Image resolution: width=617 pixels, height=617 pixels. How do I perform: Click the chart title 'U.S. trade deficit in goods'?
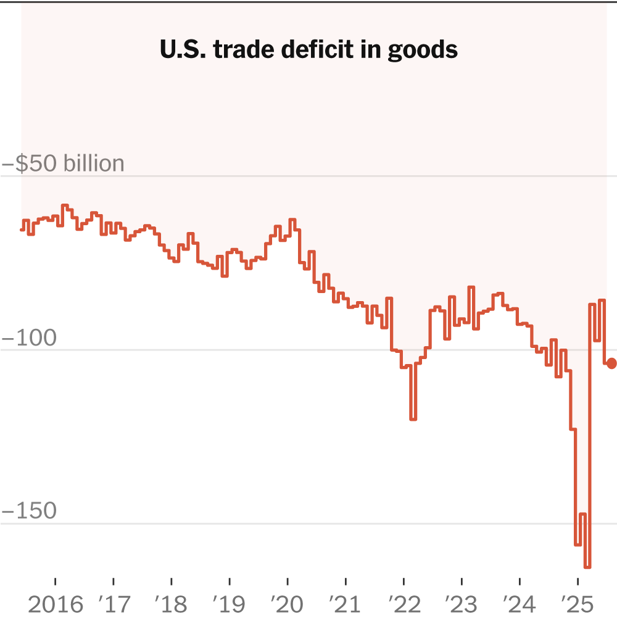point(308,50)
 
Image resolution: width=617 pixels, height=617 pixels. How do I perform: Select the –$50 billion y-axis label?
point(64,164)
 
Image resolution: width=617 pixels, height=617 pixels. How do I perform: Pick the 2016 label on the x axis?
point(56,604)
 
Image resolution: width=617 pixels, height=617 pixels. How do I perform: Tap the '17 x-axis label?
point(114,604)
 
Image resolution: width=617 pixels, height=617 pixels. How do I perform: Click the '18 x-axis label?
point(172,604)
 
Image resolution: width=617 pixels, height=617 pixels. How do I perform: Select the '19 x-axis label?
point(230,604)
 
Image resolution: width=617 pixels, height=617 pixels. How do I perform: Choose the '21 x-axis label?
point(346,604)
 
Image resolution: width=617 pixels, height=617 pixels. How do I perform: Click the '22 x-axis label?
point(404,604)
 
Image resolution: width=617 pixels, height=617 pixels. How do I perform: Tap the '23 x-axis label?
point(462,604)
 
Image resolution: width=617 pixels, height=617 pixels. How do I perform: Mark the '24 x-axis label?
point(520,604)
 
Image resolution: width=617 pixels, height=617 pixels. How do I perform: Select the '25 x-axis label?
point(578,604)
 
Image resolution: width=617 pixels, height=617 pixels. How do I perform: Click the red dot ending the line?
point(611,363)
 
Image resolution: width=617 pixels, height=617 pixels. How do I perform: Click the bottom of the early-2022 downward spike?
point(413,420)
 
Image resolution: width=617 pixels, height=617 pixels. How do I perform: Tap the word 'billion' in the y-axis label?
point(90,164)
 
